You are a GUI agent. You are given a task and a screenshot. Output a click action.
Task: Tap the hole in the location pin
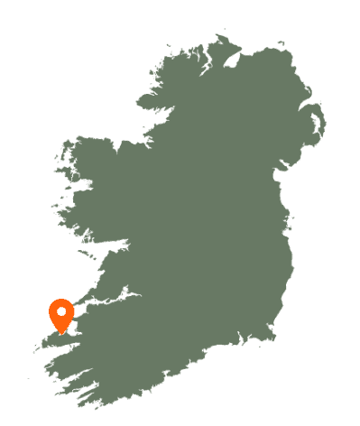[x=61, y=311]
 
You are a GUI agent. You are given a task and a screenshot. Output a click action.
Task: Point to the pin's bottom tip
[x=61, y=332]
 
